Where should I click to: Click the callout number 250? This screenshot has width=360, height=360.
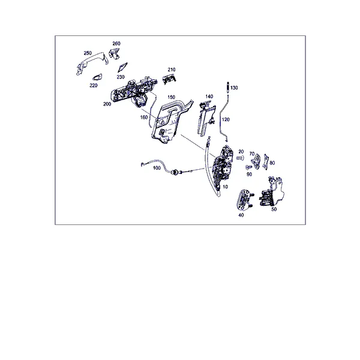(x=88, y=53)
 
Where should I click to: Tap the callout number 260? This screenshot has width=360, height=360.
(x=116, y=43)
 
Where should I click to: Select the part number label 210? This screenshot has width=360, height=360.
(x=172, y=70)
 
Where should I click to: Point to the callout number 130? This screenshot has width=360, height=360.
(x=234, y=88)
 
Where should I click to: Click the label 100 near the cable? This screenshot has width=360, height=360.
(x=157, y=168)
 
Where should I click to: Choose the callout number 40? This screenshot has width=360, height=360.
(x=241, y=215)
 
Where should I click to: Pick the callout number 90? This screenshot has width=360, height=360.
(x=249, y=175)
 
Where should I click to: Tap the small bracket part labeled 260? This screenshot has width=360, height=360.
(x=115, y=53)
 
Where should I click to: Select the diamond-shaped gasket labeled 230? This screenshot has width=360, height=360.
(x=122, y=67)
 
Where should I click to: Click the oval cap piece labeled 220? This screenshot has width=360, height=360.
(x=98, y=77)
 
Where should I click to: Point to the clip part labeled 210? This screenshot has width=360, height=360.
(x=169, y=79)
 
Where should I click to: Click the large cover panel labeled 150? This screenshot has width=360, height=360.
(x=171, y=121)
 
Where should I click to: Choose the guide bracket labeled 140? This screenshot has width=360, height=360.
(x=206, y=119)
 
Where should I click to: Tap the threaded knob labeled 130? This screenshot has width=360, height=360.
(x=228, y=87)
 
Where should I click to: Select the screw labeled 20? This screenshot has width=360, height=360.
(x=240, y=158)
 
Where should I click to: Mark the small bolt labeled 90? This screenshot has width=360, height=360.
(x=248, y=167)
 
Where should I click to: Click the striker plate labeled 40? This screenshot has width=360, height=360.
(x=244, y=199)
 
